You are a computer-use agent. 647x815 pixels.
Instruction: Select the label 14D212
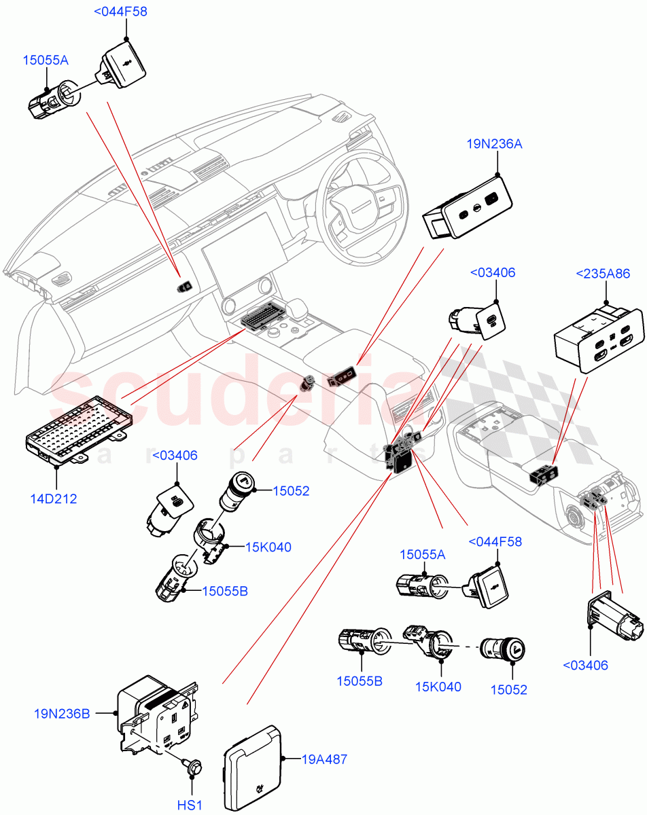(54, 499)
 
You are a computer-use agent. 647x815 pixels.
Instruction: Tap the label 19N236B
(63, 714)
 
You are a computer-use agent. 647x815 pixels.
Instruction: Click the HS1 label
(190, 805)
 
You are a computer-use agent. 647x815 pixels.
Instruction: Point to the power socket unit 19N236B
(158, 717)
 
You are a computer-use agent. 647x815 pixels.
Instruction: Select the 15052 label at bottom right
(508, 689)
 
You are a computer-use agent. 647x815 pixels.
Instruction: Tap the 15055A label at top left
(46, 60)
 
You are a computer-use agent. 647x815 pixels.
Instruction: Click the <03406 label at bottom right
(587, 665)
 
